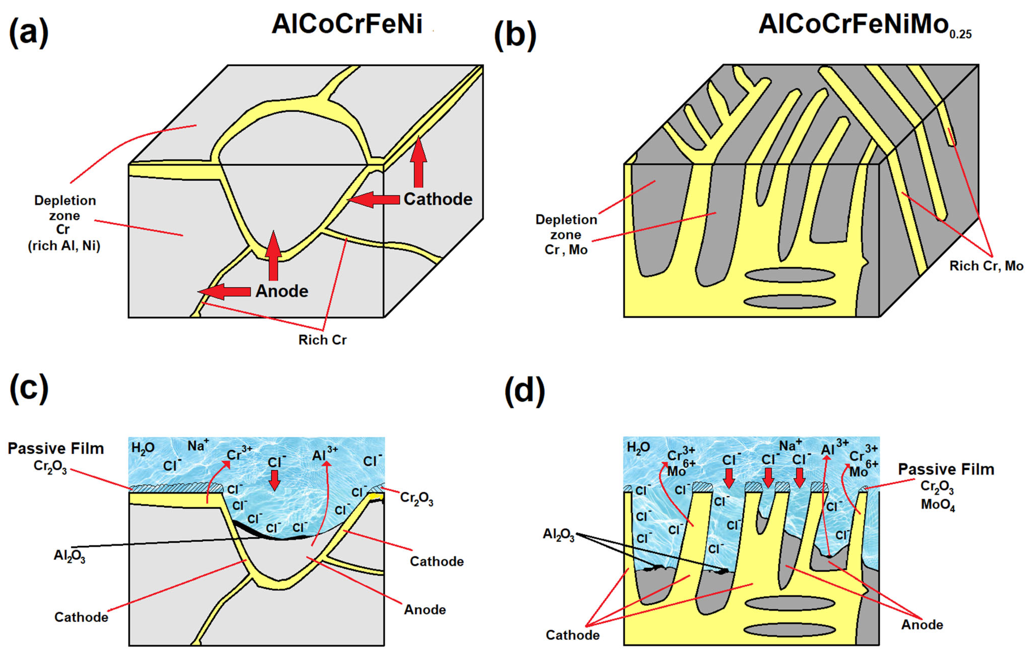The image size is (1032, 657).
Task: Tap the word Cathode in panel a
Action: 438,199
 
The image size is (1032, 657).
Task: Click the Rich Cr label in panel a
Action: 322,340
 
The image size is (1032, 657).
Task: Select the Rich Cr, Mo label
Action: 986,266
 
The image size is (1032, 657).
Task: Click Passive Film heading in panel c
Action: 56,449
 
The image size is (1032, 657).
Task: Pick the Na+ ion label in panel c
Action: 198,446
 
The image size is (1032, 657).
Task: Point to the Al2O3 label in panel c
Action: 69,556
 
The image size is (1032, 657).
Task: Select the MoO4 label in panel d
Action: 938,505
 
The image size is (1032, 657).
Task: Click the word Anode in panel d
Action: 922,624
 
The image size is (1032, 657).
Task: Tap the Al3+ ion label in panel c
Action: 325,454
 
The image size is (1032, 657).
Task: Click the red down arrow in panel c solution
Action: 274,480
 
